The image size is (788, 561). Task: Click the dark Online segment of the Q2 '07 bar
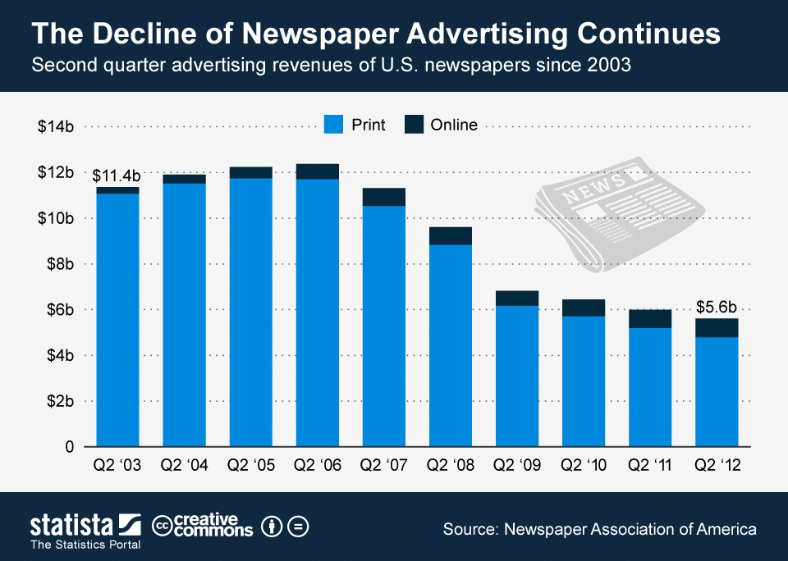coord(384,197)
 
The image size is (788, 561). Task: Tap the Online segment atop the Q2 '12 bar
coord(717,328)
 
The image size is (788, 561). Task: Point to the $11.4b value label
coord(116,176)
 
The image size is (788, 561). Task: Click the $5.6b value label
coord(717,307)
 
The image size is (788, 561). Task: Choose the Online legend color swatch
coord(415,125)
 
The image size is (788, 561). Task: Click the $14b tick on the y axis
coord(57,126)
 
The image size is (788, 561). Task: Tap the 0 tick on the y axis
coord(71,447)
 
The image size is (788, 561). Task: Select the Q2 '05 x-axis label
coord(250,465)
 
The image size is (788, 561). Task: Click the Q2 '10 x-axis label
coord(584,465)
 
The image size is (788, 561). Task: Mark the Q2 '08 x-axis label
coord(450,465)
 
